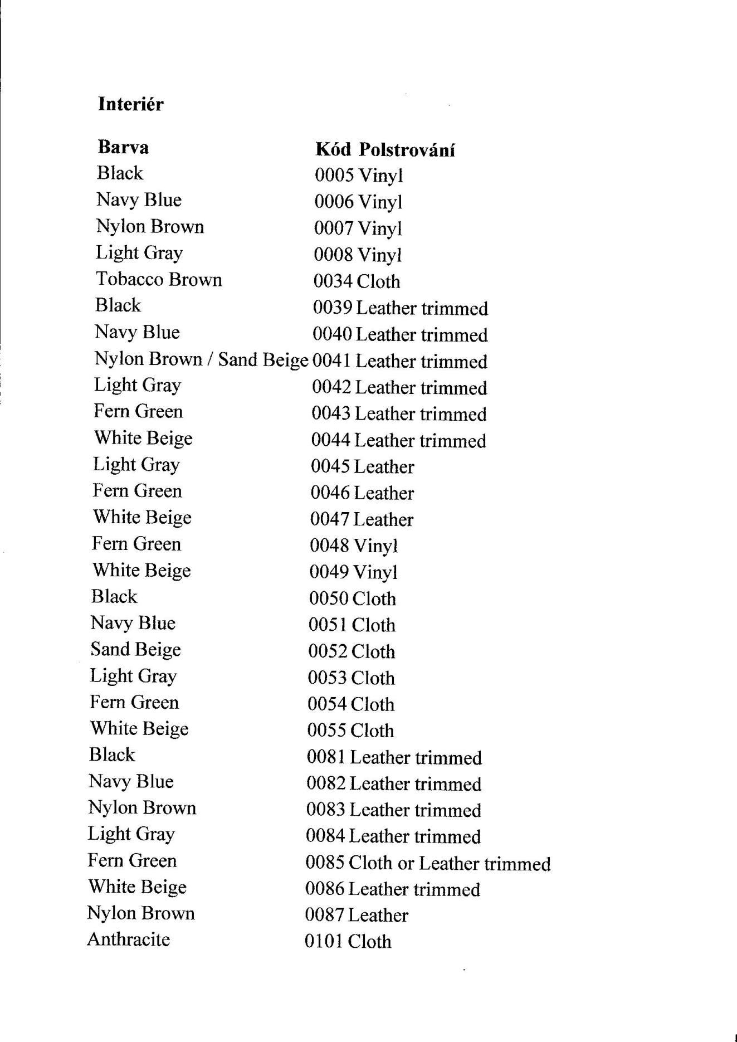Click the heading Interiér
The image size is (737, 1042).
130,104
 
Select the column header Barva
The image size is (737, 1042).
123,147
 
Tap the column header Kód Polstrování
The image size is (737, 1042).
385,150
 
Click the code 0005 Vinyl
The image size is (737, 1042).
358,176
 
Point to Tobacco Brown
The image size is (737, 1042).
159,279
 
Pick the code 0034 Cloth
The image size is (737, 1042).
357,281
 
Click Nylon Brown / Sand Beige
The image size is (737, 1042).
201,359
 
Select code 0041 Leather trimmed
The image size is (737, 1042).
399,362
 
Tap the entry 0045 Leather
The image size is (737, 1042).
362,466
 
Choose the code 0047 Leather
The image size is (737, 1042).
362,519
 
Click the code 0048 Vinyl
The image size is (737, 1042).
354,546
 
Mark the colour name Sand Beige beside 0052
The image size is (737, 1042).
135,650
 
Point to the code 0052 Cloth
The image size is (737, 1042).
352,651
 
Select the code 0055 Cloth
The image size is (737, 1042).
350,731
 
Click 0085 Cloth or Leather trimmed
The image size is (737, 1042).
428,863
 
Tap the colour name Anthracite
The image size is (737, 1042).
129,939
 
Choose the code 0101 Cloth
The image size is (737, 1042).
348,942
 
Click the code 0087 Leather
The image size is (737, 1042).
357,915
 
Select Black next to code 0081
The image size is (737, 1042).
112,755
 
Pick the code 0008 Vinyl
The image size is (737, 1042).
357,255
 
